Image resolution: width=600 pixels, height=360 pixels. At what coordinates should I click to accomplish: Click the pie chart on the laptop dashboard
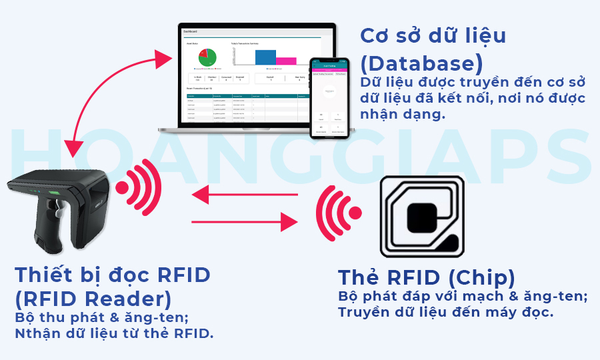coord(208,57)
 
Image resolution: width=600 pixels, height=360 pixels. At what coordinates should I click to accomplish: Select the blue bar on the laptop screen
coord(265,57)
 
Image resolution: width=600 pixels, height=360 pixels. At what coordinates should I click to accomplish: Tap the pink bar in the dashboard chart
coord(285,61)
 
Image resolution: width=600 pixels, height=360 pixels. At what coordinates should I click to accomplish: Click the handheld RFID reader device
coord(60,207)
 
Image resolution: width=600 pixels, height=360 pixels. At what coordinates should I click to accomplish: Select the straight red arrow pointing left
coord(244,195)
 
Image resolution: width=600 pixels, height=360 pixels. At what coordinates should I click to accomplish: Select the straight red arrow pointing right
coord(244,220)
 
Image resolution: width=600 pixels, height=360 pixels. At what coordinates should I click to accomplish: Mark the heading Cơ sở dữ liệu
coord(433,36)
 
